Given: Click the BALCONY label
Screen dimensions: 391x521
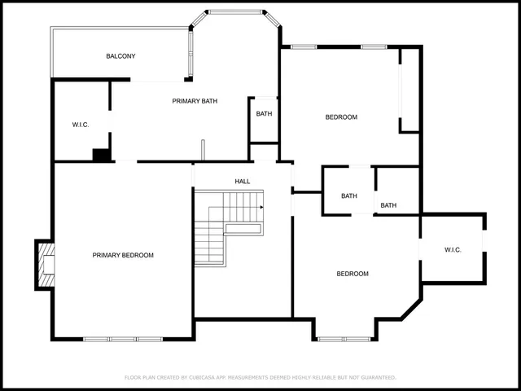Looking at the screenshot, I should [x=120, y=56].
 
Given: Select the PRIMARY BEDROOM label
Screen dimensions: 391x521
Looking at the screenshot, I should [x=123, y=255].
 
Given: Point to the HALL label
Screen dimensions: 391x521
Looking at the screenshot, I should [x=243, y=182].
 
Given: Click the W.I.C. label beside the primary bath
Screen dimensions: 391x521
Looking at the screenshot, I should [x=80, y=125].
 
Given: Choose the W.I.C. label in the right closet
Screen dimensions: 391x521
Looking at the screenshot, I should [x=453, y=249].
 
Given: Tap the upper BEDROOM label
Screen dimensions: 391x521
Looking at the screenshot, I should [x=341, y=117].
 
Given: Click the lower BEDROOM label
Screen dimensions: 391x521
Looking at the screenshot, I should [x=352, y=274].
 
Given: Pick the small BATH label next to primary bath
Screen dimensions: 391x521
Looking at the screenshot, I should [x=264, y=114].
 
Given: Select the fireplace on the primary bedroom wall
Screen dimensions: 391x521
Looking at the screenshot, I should [x=46, y=265].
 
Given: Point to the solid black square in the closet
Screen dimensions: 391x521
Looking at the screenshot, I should [x=102, y=155].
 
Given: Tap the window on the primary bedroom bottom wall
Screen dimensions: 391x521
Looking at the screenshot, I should [x=124, y=339].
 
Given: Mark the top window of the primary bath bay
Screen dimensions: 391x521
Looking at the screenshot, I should [x=235, y=11].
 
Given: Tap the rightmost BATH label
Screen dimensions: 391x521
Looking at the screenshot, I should [x=388, y=205].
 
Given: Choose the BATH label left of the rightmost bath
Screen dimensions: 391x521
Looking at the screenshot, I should [x=349, y=195].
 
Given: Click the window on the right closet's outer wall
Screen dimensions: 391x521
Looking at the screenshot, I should [x=484, y=242].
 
